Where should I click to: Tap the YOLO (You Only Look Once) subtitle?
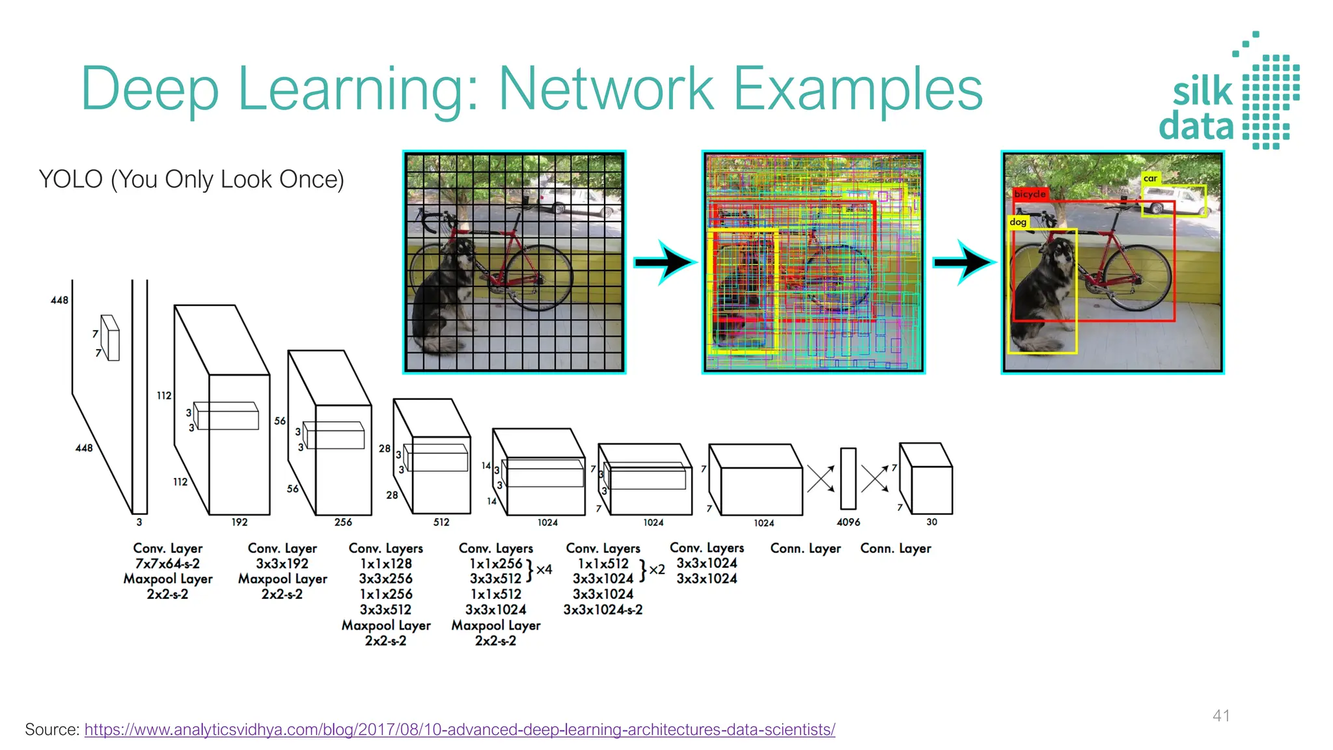pyautogui.click(x=191, y=179)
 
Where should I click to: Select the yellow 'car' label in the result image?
pyautogui.click(x=1150, y=178)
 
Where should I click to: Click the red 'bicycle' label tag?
pyautogui.click(x=1030, y=193)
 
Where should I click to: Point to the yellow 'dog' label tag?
pyautogui.click(x=1018, y=222)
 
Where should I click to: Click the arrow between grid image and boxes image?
pyautogui.click(x=665, y=262)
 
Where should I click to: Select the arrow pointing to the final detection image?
pyautogui.click(x=964, y=262)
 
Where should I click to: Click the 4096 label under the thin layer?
pyautogui.click(x=848, y=522)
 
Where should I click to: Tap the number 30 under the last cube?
pyautogui.click(x=931, y=522)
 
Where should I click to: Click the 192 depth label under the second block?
pyautogui.click(x=240, y=522)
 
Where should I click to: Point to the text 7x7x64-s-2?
pyautogui.click(x=167, y=564)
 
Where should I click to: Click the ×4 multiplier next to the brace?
pyautogui.click(x=544, y=570)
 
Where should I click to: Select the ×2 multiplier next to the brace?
pyautogui.click(x=657, y=570)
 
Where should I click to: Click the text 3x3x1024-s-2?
pyautogui.click(x=603, y=610)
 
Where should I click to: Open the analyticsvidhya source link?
pyautogui.click(x=460, y=730)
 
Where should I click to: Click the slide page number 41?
pyautogui.click(x=1221, y=715)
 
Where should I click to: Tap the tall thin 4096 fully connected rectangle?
pyautogui.click(x=847, y=479)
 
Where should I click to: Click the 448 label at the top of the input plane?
pyautogui.click(x=59, y=300)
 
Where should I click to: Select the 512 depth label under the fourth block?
pyautogui.click(x=441, y=522)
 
